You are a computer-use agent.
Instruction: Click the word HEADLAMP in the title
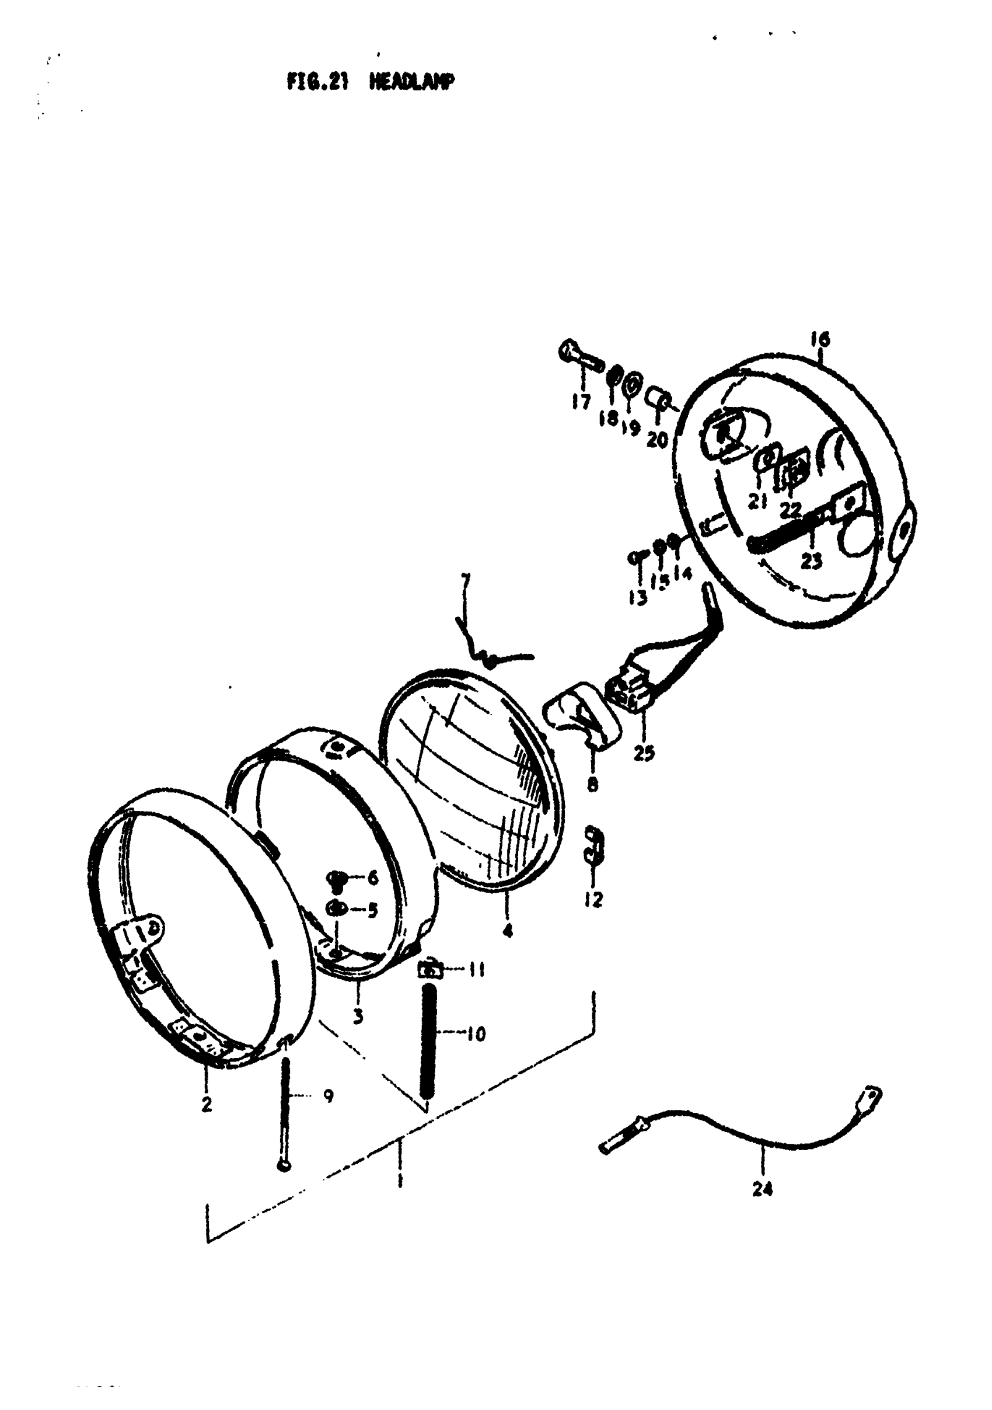pos(412,82)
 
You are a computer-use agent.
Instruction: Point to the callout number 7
pos(464,580)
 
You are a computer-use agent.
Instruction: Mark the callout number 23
pos(811,560)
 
